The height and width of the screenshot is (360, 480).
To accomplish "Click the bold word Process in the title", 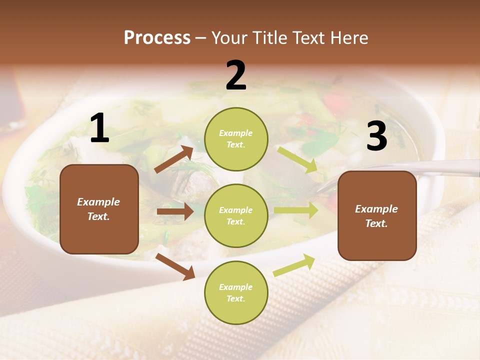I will (157, 38).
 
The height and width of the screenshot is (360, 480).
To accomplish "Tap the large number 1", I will (99, 128).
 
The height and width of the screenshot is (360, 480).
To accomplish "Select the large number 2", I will (236, 75).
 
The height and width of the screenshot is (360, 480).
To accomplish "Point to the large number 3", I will (376, 136).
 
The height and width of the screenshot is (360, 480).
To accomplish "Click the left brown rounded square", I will (99, 209).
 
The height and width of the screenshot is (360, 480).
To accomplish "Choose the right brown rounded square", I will (377, 215).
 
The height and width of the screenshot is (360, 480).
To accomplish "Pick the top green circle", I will (236, 139).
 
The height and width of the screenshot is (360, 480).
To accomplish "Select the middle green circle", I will (236, 215).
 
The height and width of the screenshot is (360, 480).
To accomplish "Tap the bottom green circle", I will (236, 292).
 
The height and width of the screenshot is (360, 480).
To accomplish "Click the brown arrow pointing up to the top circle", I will (174, 159).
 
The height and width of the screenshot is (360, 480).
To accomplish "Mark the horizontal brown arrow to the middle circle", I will (175, 211).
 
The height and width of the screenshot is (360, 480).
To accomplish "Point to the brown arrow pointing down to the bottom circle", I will (175, 267).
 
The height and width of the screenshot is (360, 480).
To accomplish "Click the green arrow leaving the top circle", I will (297, 159).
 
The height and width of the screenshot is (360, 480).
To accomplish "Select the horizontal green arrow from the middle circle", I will (296, 210).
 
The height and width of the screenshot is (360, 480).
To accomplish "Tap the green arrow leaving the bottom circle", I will (294, 265).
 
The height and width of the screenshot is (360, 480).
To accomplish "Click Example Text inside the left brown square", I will (98, 209).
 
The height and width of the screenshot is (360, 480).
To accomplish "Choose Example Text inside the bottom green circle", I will (236, 292).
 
